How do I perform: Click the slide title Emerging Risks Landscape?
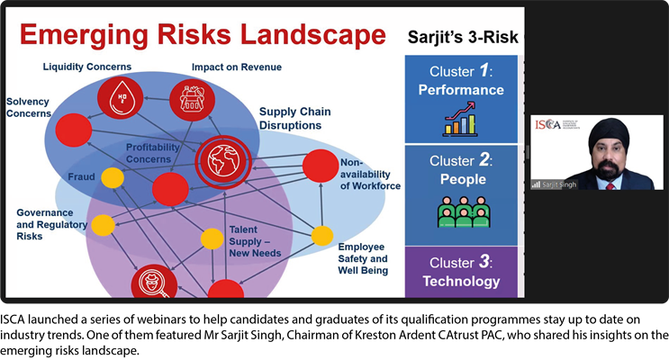203,36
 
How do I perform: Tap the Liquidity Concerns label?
87,67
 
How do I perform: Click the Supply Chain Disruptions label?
294,118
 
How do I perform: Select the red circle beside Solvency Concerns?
74,131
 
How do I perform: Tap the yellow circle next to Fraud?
112,177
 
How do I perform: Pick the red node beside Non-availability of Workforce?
320,166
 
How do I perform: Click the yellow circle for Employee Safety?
322,236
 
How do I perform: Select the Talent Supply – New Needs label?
255,241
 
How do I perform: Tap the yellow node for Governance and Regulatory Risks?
104,225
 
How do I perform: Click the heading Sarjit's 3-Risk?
463,37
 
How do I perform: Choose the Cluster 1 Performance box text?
461,79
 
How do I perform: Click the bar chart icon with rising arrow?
460,120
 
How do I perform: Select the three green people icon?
463,212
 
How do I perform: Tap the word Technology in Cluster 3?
461,281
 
